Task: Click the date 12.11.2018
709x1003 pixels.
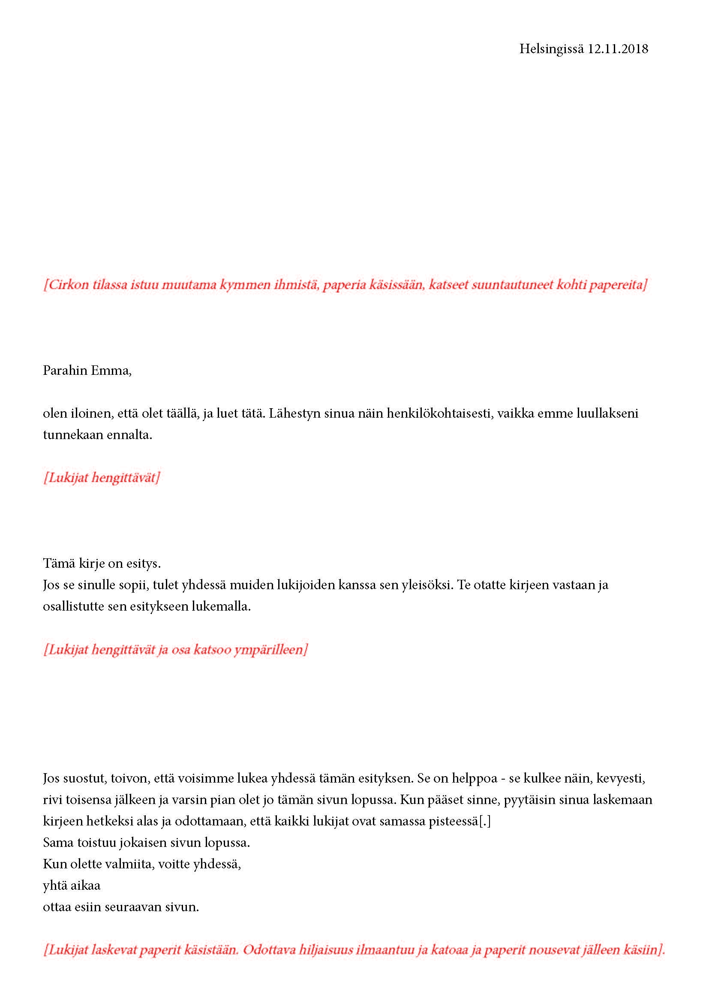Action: click(618, 49)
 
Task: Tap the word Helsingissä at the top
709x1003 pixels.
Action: click(551, 49)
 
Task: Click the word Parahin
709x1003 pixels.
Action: click(64, 370)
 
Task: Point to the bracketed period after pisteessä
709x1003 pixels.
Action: click(485, 821)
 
